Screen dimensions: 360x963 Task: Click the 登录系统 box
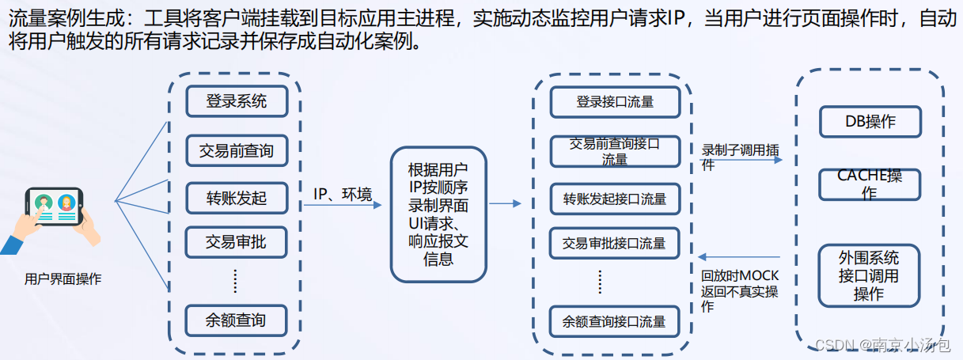tap(236, 101)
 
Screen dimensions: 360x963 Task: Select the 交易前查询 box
tap(236, 150)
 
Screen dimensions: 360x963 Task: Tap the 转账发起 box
tap(236, 199)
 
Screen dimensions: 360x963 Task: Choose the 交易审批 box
tap(236, 242)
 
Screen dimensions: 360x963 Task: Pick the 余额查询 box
tap(236, 320)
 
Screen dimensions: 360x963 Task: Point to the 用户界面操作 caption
tap(63, 279)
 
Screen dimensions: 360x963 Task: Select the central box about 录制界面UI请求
tap(438, 214)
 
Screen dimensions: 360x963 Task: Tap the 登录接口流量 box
tap(615, 102)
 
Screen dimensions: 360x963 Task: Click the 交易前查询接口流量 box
tap(615, 151)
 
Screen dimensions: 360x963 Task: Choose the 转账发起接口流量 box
tap(615, 199)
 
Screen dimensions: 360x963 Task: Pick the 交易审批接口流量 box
tap(615, 243)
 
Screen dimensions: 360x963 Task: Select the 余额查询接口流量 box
tap(615, 322)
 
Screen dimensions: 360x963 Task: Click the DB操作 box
tap(870, 122)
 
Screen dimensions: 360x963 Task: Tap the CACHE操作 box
tap(870, 184)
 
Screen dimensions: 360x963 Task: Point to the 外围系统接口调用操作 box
tap(869, 276)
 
